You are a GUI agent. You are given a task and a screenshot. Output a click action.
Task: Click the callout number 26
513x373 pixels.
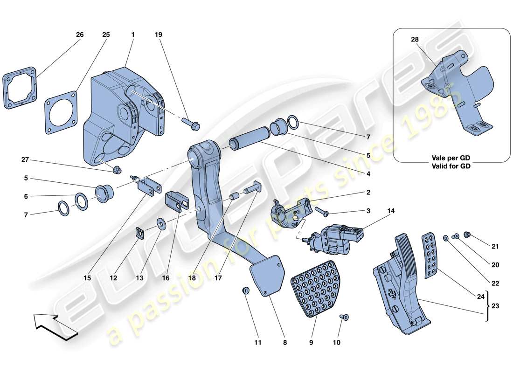point(80,35)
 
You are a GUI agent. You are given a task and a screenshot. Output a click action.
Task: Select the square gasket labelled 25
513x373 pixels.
point(61,109)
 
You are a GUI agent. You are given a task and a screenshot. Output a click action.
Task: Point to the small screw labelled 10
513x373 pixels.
point(345,318)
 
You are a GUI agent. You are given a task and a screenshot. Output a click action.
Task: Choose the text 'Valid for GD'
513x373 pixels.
point(451,166)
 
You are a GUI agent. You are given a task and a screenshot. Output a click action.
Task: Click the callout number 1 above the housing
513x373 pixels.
point(133,35)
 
